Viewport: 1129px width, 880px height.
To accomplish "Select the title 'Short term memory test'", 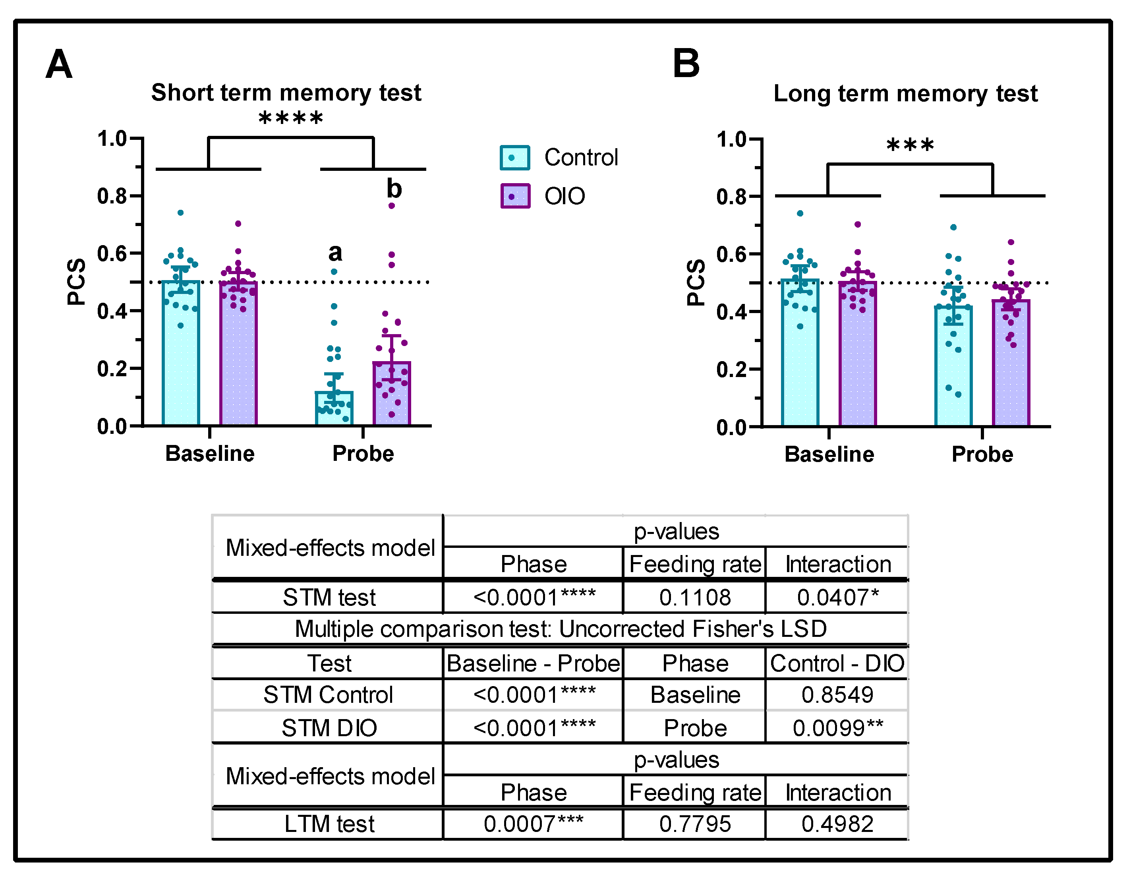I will (x=286, y=93).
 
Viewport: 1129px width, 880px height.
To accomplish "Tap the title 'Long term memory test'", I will (x=905, y=94).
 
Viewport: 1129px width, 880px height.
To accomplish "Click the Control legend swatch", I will (x=515, y=158).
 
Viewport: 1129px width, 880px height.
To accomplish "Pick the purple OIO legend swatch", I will (x=515, y=196).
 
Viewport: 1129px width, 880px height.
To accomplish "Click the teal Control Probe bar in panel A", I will (x=334, y=408).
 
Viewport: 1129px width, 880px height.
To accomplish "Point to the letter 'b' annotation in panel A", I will (x=394, y=189).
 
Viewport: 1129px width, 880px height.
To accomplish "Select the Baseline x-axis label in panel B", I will (x=829, y=455).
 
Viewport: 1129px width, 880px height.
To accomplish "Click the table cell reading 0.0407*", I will (x=837, y=597).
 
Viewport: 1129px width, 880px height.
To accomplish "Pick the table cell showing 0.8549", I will (x=837, y=694).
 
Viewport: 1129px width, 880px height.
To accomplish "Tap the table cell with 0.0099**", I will (x=837, y=728).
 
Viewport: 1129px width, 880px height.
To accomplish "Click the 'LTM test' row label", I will (x=329, y=824).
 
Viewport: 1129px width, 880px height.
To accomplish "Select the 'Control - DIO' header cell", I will (x=837, y=663).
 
